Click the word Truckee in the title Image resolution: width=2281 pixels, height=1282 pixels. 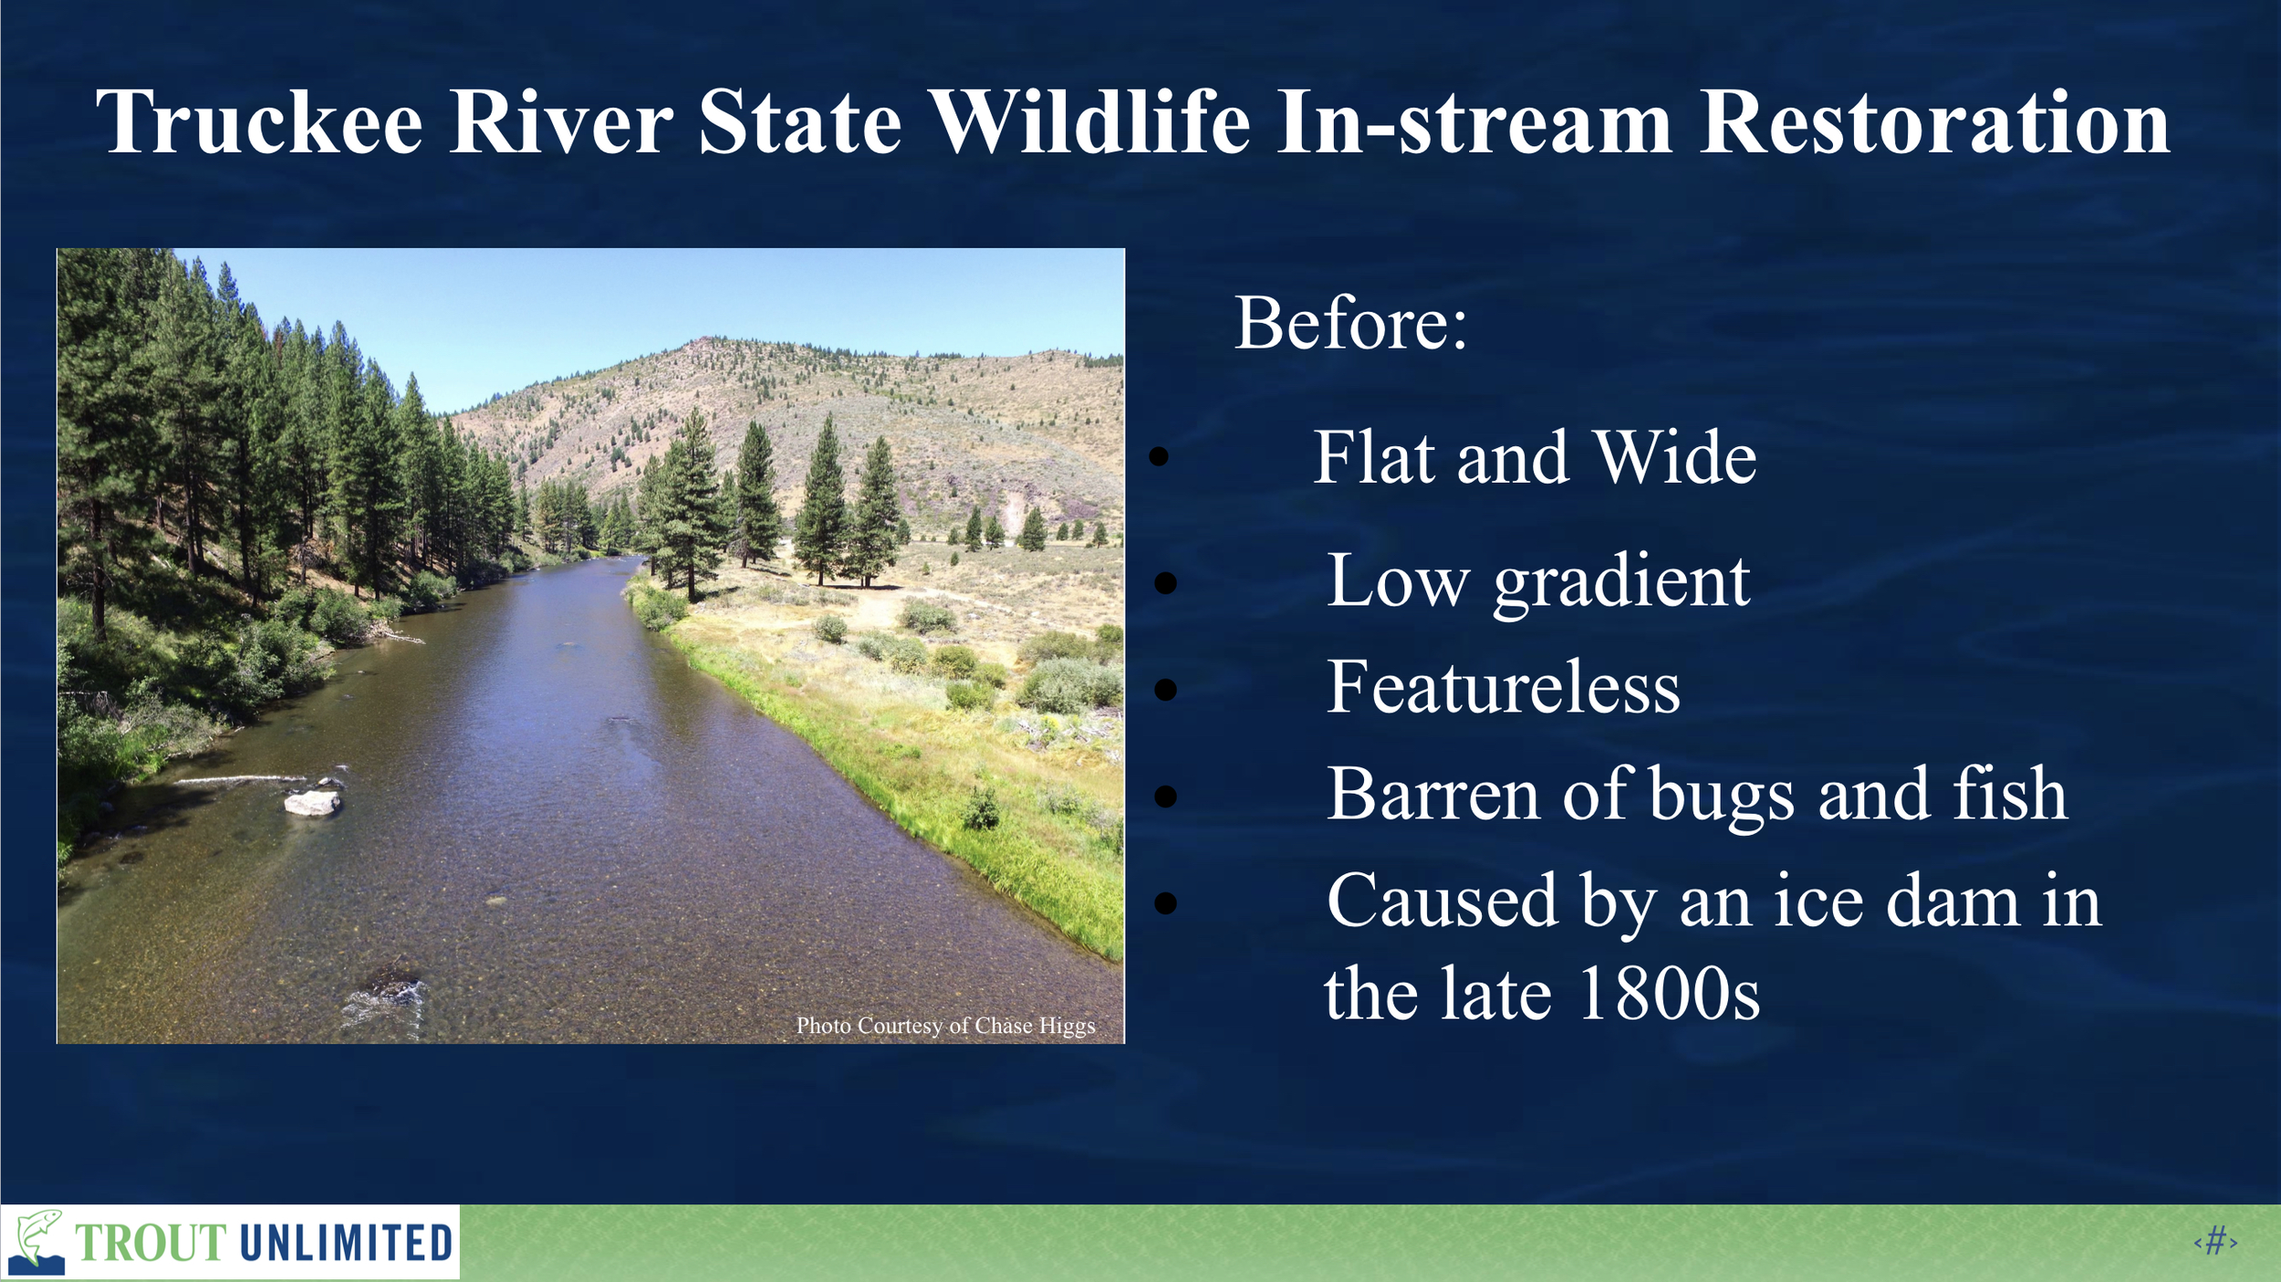pyautogui.click(x=259, y=122)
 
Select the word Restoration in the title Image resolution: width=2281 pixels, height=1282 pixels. pyautogui.click(x=1934, y=122)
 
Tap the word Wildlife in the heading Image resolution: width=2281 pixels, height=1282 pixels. pyautogui.click(x=1091, y=122)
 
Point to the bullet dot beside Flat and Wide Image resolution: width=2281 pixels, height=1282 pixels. pyautogui.click(x=1159, y=456)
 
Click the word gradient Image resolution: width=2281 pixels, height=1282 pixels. pyautogui.click(x=1621, y=584)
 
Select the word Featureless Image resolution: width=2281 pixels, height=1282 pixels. pyautogui.click(x=1503, y=687)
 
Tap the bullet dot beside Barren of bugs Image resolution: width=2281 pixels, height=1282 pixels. pyautogui.click(x=1165, y=796)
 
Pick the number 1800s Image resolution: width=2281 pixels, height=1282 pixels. pyautogui.click(x=1669, y=993)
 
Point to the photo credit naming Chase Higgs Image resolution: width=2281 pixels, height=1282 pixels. pyautogui.click(x=945, y=1026)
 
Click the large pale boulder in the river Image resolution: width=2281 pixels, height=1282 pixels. pyautogui.click(x=312, y=802)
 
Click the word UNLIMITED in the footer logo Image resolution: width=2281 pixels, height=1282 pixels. pyautogui.click(x=347, y=1243)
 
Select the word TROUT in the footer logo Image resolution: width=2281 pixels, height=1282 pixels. pyautogui.click(x=151, y=1243)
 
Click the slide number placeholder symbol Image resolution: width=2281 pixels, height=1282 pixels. pyautogui.click(x=2216, y=1242)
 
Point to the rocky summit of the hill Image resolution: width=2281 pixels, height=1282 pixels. pyautogui.click(x=701, y=345)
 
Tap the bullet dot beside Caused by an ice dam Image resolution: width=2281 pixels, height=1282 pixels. pyautogui.click(x=1165, y=902)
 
